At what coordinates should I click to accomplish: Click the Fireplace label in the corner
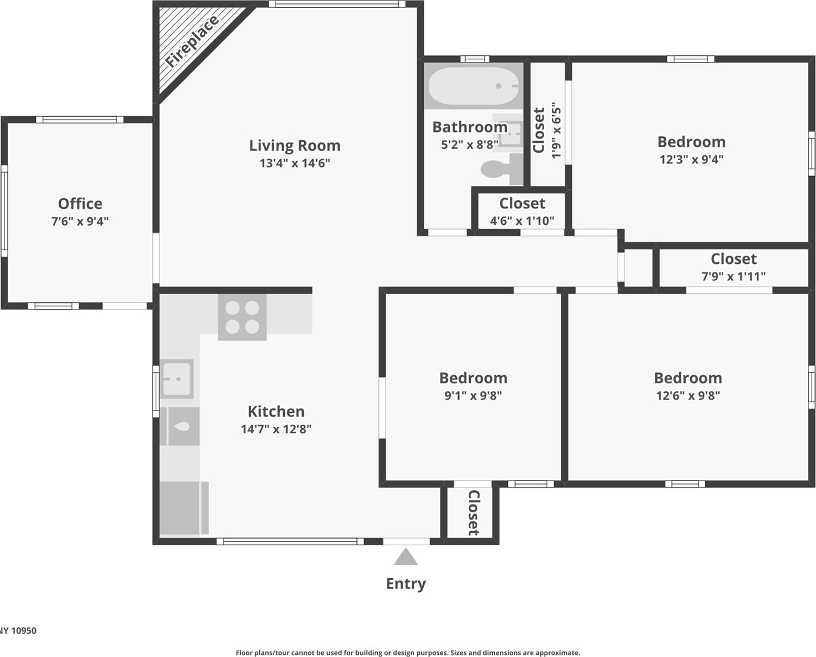(x=192, y=41)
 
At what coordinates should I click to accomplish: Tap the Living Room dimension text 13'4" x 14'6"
(x=295, y=163)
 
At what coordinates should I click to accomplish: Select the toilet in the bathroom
(x=499, y=167)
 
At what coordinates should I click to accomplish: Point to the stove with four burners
(x=242, y=317)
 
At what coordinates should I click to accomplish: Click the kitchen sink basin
(x=177, y=378)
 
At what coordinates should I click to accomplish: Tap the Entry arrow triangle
(x=405, y=557)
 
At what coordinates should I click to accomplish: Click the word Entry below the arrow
(x=406, y=584)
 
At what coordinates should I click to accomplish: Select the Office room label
(x=80, y=204)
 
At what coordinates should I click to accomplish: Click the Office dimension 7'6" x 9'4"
(x=80, y=221)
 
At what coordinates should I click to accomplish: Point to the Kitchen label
(x=276, y=411)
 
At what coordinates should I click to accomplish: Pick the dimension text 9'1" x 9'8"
(x=473, y=395)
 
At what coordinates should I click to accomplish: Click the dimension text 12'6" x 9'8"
(x=688, y=395)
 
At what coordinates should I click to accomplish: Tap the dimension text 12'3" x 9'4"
(x=691, y=159)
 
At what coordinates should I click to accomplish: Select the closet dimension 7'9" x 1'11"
(x=734, y=276)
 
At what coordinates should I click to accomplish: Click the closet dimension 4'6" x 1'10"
(x=522, y=220)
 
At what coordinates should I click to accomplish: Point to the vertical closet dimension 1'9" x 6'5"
(x=557, y=130)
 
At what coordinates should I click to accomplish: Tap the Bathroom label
(x=470, y=127)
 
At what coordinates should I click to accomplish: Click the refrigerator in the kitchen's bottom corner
(x=183, y=508)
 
